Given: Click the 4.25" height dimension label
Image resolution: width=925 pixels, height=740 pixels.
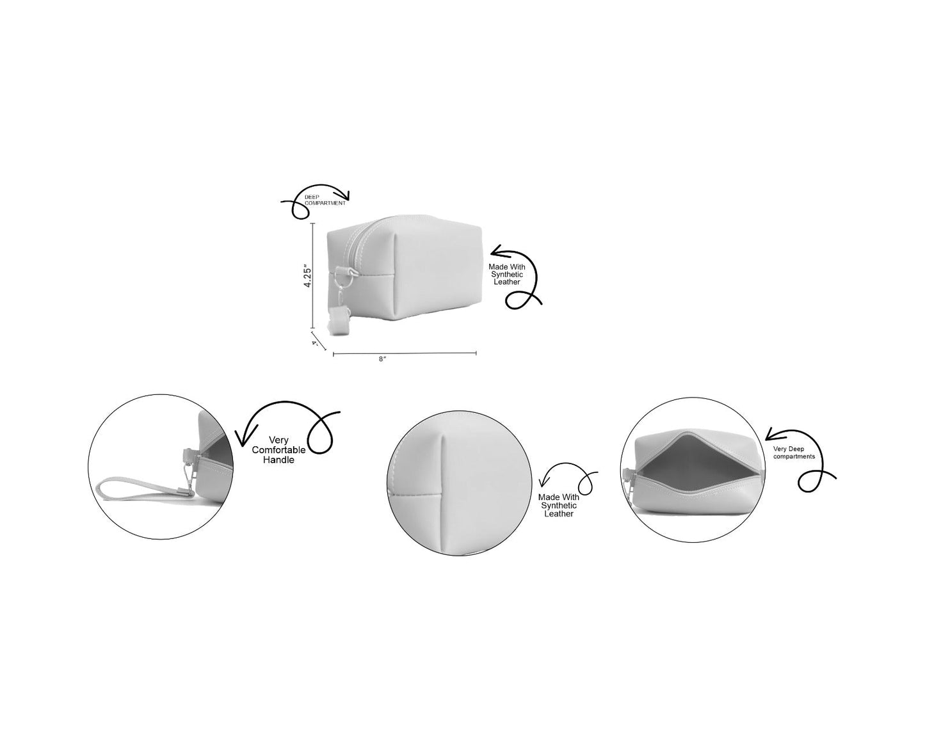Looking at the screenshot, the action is point(308,276).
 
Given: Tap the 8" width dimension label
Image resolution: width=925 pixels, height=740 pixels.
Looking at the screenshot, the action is point(383,359).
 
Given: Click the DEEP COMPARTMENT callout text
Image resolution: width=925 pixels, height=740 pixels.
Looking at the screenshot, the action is point(325,200).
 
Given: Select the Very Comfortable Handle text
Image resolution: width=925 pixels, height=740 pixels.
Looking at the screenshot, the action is point(278,450).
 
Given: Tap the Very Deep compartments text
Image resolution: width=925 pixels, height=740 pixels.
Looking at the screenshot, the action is point(794,453).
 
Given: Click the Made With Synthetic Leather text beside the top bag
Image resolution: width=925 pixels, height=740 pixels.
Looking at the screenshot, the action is point(507,275).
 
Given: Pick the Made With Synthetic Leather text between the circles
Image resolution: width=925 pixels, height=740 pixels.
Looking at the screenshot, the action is point(559,506).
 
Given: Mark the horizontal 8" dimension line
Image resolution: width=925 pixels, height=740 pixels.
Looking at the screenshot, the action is point(405,353).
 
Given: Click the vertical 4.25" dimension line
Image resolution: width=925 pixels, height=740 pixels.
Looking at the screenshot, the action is point(313,275).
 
